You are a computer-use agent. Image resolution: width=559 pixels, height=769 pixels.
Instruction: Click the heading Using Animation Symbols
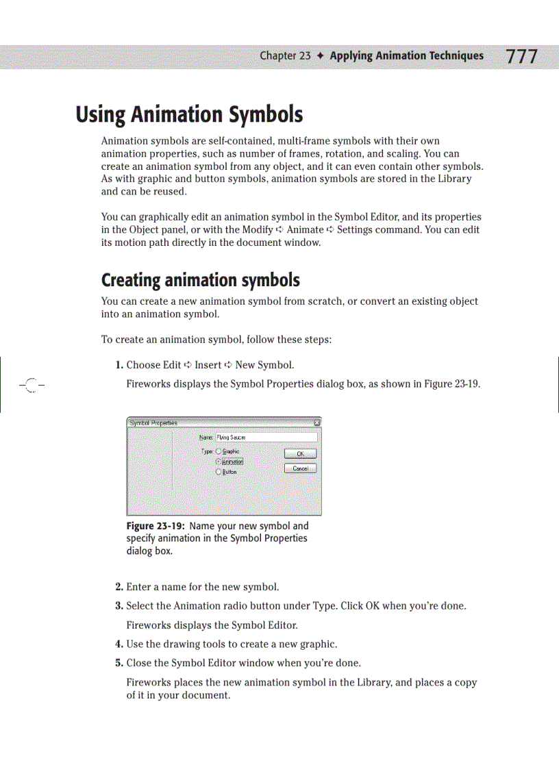(189, 114)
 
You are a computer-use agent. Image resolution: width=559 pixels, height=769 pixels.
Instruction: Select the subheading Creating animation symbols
(200, 280)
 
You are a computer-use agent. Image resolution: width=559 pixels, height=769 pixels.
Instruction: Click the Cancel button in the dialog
(300, 468)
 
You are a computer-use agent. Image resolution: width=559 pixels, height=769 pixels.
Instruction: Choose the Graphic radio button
(219, 451)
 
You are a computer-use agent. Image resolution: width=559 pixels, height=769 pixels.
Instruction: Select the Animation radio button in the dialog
(219, 462)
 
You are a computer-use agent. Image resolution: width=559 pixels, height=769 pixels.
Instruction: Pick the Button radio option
(219, 472)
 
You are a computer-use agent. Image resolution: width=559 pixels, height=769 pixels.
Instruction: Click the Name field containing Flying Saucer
(266, 437)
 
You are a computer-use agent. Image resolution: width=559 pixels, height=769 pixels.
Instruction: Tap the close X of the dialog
(316, 423)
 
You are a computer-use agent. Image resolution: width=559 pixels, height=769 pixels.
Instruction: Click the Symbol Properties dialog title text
(153, 423)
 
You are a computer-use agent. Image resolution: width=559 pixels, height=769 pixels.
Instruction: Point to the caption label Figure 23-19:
(156, 526)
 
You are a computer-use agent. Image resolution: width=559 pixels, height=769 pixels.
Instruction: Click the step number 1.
(119, 365)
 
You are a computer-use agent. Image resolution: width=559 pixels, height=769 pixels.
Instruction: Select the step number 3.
(119, 606)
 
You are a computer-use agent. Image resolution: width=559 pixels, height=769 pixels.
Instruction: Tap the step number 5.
(119, 663)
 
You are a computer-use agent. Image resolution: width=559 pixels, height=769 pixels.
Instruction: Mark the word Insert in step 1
(208, 365)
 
